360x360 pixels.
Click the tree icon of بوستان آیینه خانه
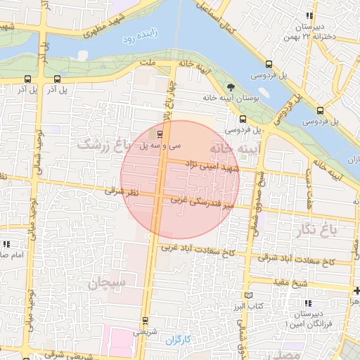231,88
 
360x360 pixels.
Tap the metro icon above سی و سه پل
160,134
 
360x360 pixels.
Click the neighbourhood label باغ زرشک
109,144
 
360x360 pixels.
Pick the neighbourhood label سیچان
107,283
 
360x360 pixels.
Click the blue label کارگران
178,340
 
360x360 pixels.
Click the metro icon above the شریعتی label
146,321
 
